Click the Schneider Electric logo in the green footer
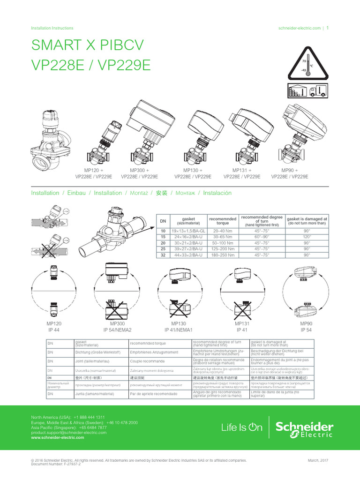pos(304,427)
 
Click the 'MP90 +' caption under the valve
pos(290,170)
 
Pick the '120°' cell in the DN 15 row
pos(307,237)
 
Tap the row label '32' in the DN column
pos(163,255)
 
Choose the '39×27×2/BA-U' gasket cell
pos(187,249)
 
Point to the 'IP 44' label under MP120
pos(54,330)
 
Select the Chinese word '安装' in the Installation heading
pos(161,193)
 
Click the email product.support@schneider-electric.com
pos(68,433)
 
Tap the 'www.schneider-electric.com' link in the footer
pos(57,437)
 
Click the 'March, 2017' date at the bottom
pos(318,461)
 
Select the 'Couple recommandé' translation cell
pos(148,362)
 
